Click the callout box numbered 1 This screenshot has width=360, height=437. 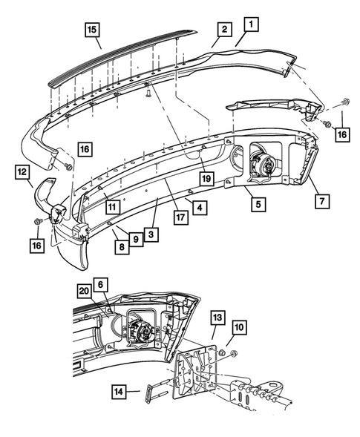coord(252,25)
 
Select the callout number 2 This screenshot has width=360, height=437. coord(222,30)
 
